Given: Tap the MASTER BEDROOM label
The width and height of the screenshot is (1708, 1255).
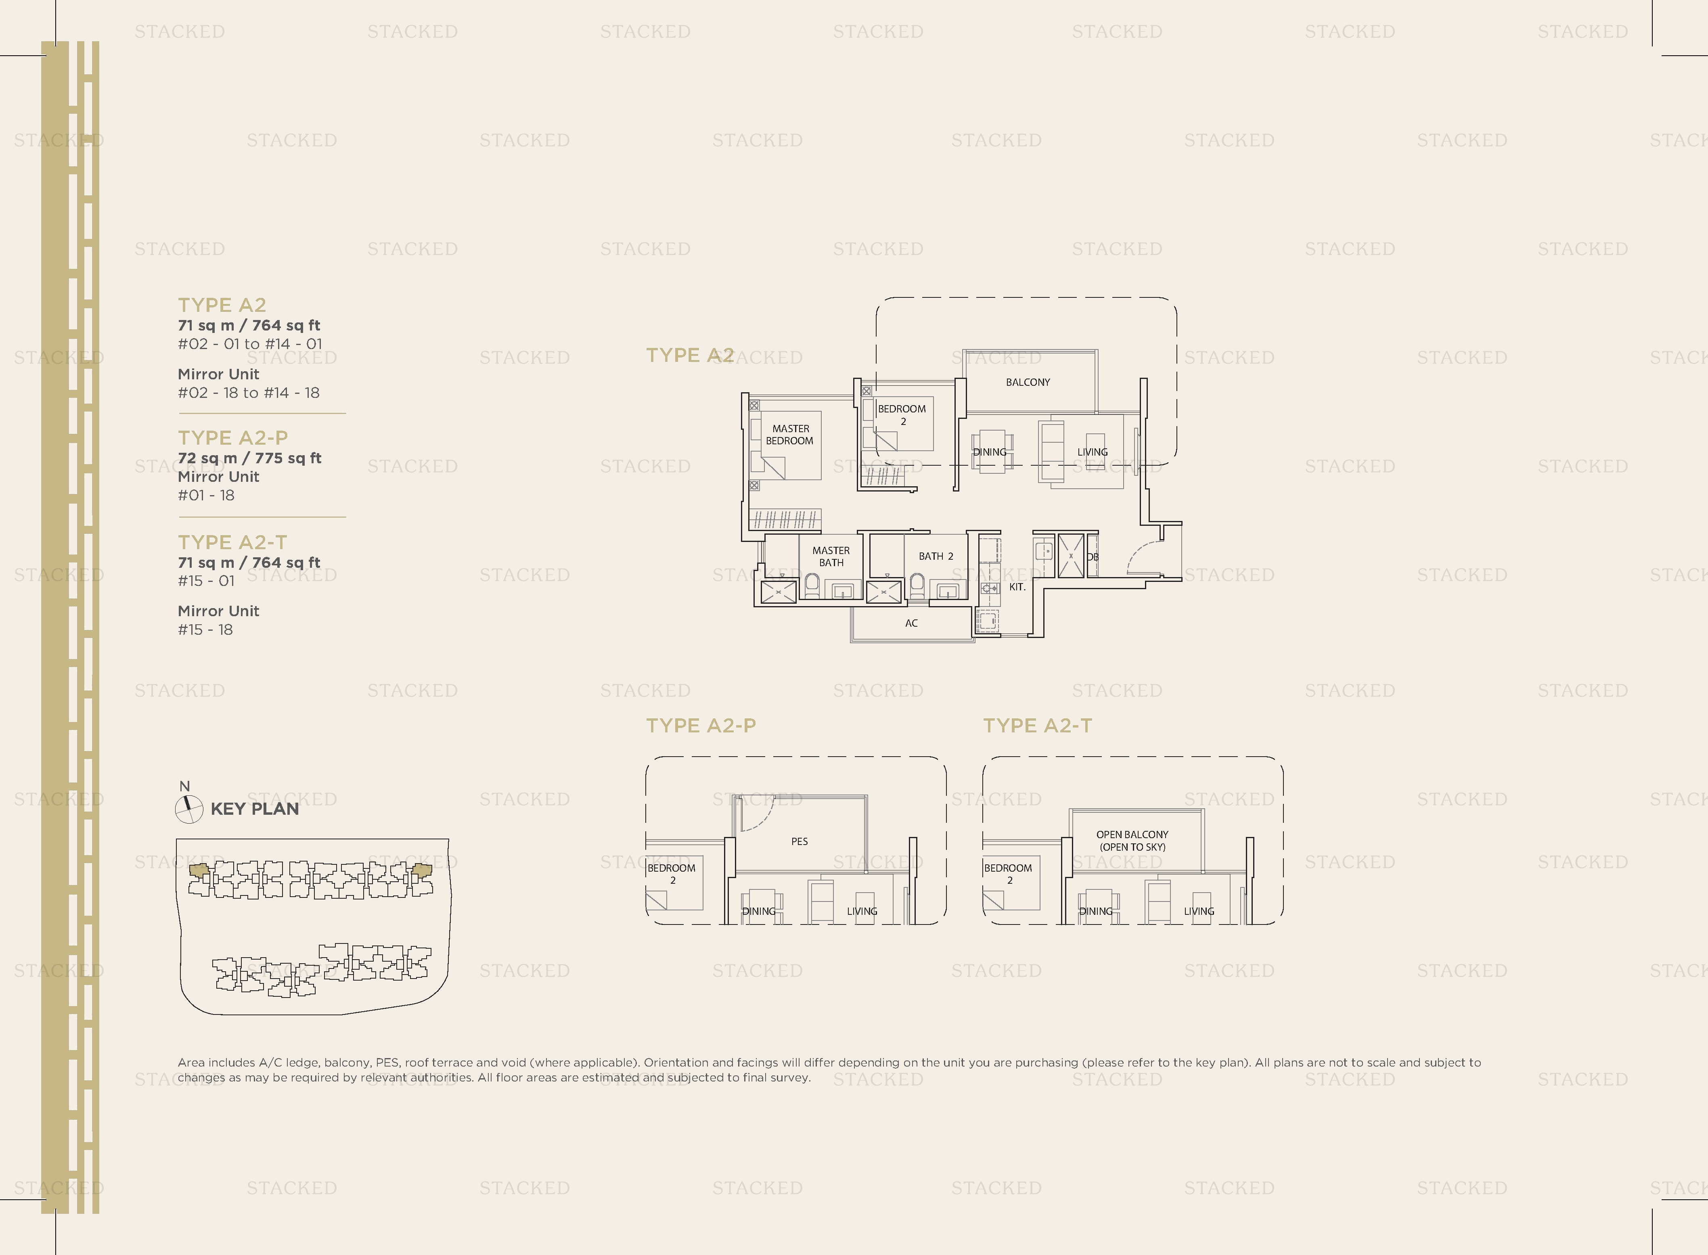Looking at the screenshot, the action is pos(790,435).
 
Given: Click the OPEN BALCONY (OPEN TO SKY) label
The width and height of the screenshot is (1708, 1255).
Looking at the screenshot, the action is pos(1132,840).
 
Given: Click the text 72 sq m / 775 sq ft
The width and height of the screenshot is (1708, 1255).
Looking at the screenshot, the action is pos(249,458).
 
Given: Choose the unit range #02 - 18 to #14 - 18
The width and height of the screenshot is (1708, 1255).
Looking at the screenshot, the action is pos(249,393).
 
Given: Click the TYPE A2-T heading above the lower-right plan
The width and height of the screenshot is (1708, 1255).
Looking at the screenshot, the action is pos(1037,726).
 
